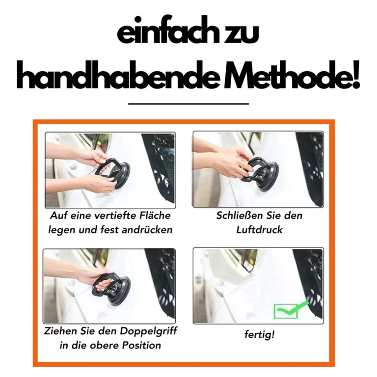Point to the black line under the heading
pos(188,104)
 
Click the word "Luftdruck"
pos(259,229)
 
